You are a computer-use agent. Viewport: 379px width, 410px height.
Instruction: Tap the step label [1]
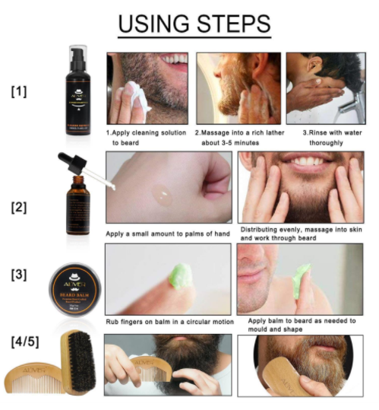pyautogui.click(x=19, y=91)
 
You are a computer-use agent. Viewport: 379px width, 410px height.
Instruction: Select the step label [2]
pyautogui.click(x=19, y=206)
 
